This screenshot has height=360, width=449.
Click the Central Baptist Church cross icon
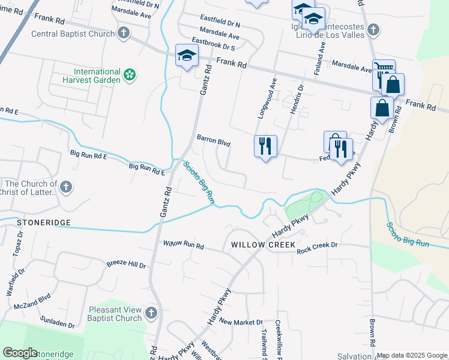(124, 32)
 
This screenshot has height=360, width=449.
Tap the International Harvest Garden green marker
(130, 75)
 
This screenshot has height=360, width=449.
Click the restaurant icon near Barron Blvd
(265, 146)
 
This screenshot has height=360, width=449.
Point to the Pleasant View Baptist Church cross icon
(151, 313)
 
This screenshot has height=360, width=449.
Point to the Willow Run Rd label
(184, 245)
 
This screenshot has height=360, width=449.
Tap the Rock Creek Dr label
(318, 245)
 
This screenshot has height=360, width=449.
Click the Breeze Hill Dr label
(126, 264)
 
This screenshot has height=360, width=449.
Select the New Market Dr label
(241, 322)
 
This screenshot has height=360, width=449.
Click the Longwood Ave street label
(267, 97)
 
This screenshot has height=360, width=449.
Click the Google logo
(20, 353)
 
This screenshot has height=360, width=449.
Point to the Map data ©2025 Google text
(412, 355)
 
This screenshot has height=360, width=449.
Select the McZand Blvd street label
(32, 301)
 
